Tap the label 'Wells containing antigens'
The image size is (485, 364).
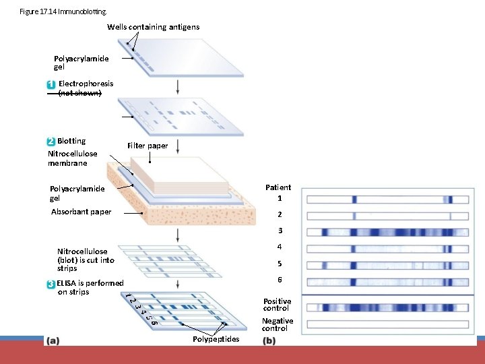(153, 27)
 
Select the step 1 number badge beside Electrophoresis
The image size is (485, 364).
(51, 84)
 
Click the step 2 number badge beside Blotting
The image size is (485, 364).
(51, 142)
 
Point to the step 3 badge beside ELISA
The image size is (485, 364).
(51, 284)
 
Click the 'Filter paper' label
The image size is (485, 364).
(148, 146)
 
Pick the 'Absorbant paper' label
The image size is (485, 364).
(82, 212)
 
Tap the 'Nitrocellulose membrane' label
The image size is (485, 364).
(72, 158)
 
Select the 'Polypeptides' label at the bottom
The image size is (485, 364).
(216, 339)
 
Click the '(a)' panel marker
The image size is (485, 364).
(52, 340)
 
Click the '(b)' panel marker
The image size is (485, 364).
(269, 340)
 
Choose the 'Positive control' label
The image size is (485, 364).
(277, 305)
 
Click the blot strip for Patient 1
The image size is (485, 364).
(387, 199)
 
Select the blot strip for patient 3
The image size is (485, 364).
(387, 232)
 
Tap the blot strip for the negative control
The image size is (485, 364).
(387, 324)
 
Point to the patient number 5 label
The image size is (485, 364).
(279, 264)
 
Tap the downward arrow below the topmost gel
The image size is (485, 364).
(177, 87)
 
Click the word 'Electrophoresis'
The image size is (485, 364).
(86, 84)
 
